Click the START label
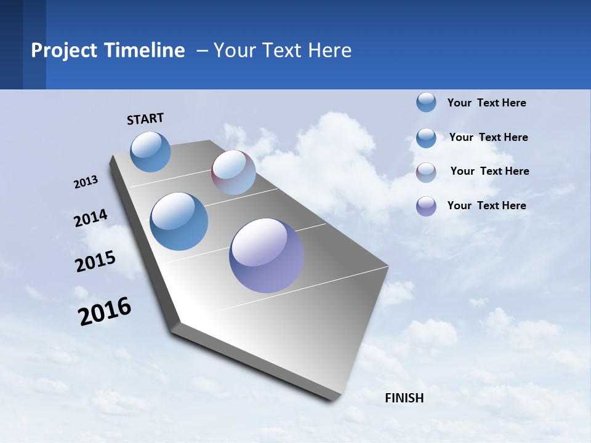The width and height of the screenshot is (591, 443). pos(145,119)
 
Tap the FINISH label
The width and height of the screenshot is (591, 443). pos(404,398)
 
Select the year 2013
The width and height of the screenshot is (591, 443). pos(86,182)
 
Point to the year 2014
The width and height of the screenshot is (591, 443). pos(90,218)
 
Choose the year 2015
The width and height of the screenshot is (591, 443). pos(95,261)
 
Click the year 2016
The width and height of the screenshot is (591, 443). pos(105,311)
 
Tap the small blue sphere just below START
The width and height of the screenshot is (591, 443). pos(150,151)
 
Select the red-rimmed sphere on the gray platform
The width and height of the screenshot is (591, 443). pos(233,172)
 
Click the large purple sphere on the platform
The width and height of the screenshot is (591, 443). pos(267,255)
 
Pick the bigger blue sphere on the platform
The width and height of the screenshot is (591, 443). pos(179,221)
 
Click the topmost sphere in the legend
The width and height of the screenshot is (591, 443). pos(426,102)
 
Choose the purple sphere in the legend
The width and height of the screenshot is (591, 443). pos(426,206)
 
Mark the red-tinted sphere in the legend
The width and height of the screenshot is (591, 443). pos(426,172)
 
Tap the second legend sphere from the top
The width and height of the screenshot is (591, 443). pos(426,138)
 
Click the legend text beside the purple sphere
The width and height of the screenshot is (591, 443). pos(486,206)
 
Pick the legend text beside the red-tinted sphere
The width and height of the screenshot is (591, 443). pos(489,171)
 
